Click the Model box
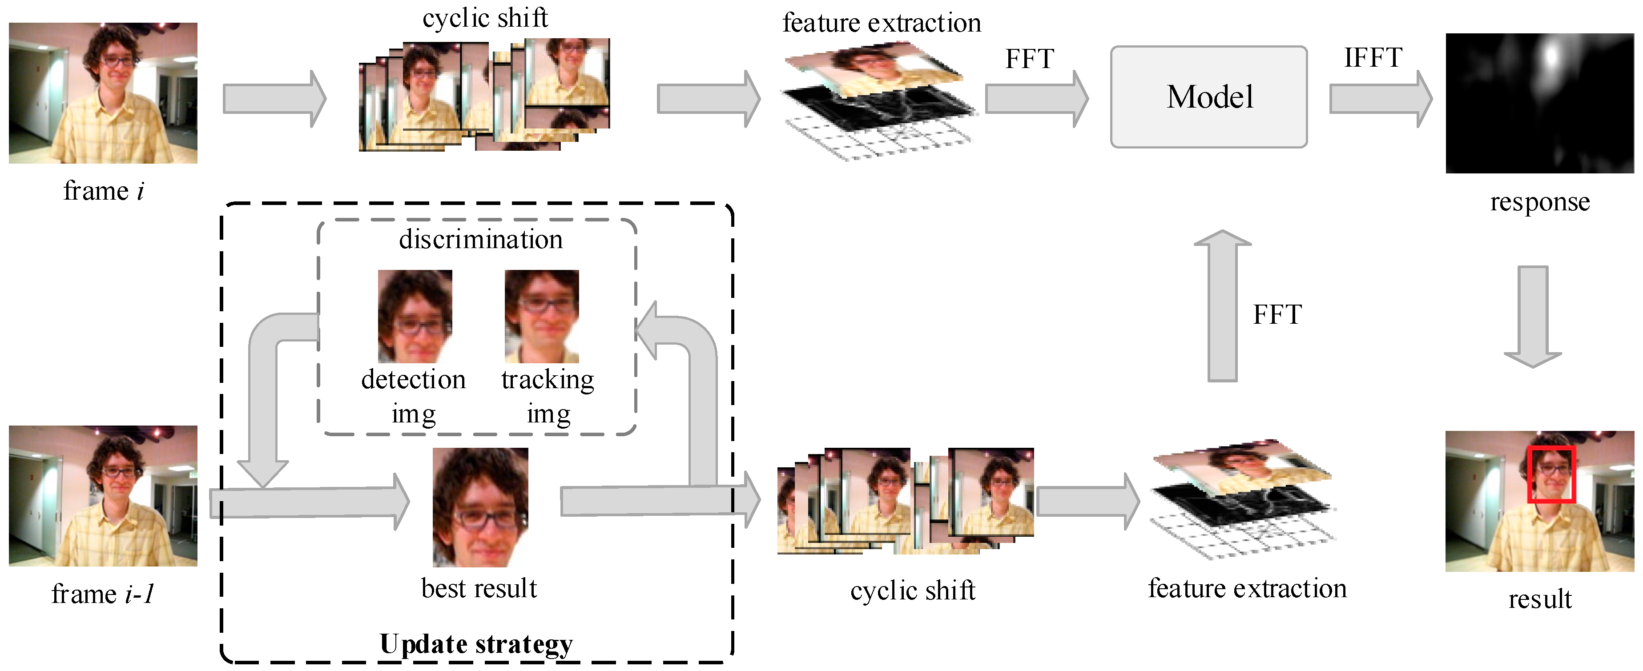coord(1208,97)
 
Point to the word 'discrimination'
coord(481,240)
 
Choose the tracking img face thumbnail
coord(541,316)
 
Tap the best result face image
coord(480,507)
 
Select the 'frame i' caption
coord(103,191)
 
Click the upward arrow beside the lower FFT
coord(1222,306)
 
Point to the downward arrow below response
coord(1533,316)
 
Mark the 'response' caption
coord(1540,202)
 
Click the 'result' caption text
coord(1540,599)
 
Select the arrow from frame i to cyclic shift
coord(274,99)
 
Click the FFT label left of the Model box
coord(1029,59)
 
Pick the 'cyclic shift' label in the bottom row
coord(913,591)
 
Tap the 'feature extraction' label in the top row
coord(882,24)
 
